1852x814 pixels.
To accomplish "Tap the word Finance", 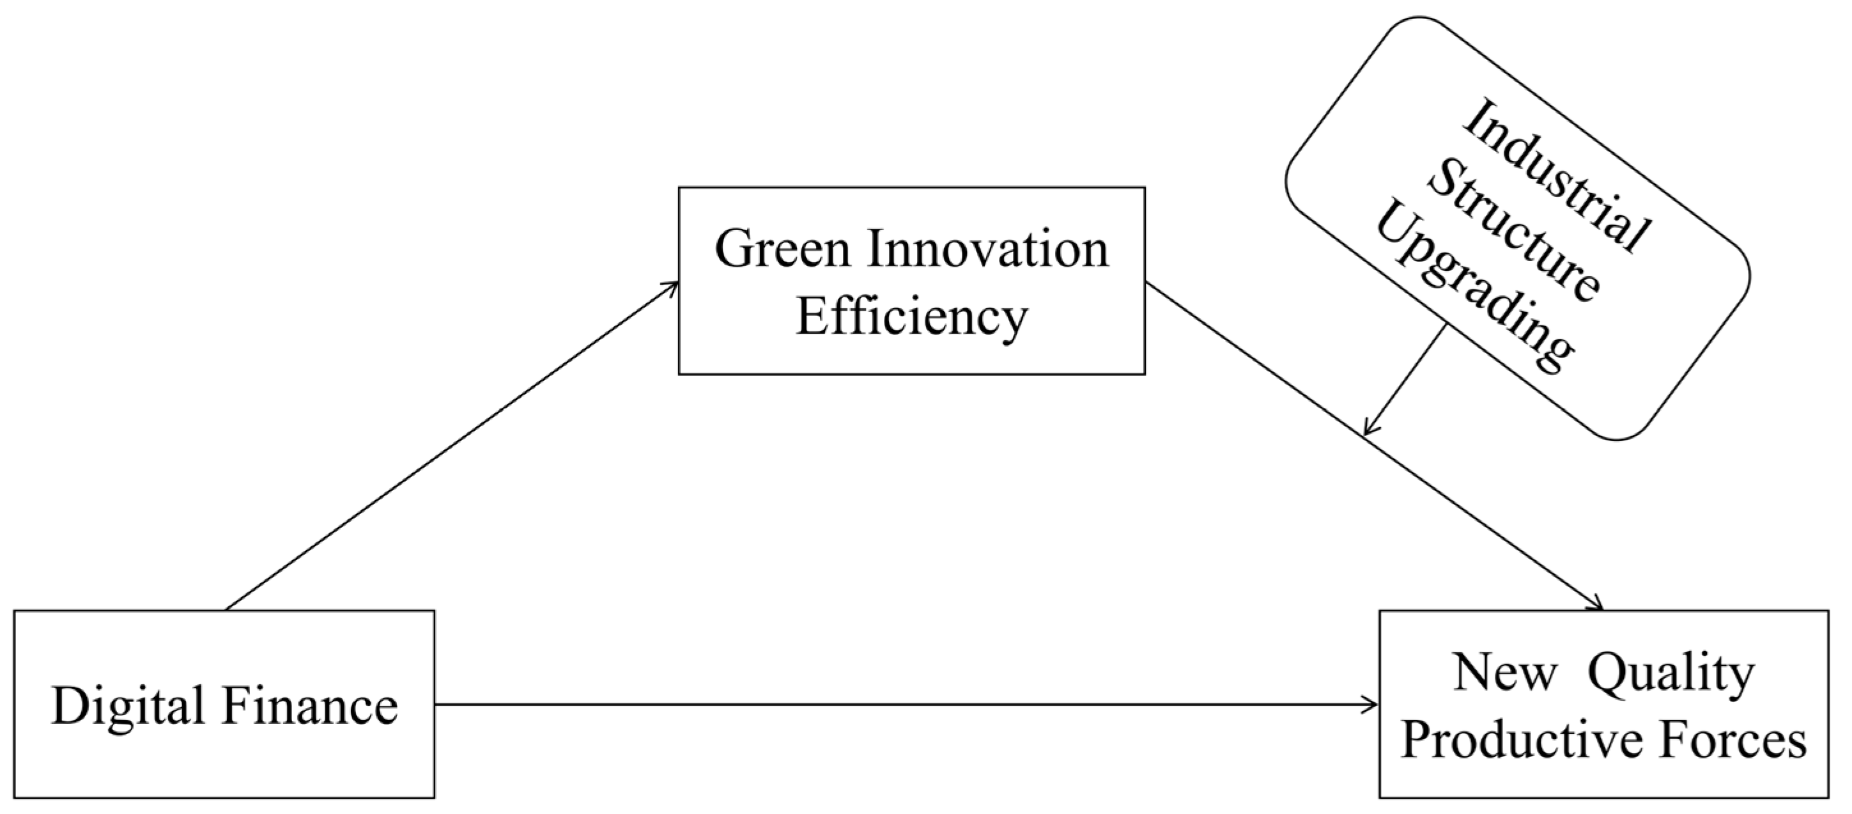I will click(x=310, y=706).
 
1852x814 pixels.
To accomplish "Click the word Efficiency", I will click(x=911, y=317).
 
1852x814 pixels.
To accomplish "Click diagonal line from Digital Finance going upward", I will click(x=453, y=446).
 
